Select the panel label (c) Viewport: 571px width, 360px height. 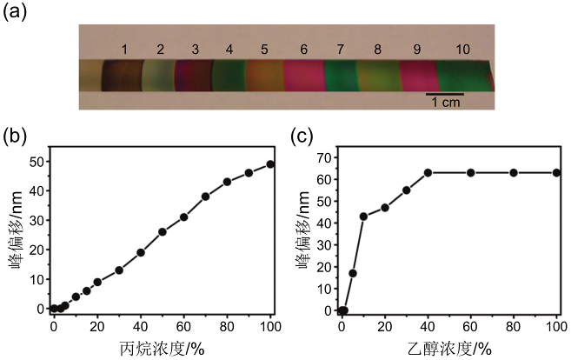click(x=299, y=136)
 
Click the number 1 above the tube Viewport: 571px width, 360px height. click(x=125, y=49)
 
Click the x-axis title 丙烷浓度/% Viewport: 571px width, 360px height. click(x=163, y=348)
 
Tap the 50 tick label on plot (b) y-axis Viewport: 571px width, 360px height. click(x=36, y=162)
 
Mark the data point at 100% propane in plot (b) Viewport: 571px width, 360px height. click(x=270, y=164)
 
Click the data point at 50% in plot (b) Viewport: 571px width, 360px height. click(x=163, y=232)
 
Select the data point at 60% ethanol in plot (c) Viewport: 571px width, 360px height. click(x=471, y=172)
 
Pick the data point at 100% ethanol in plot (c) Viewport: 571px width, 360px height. click(x=556, y=172)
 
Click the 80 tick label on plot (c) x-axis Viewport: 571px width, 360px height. click(x=514, y=326)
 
